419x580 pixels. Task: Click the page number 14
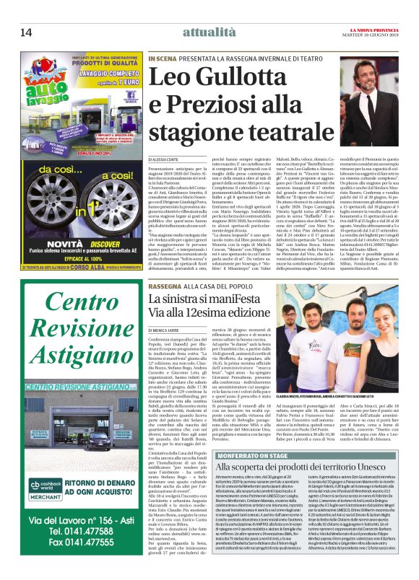click(x=25, y=32)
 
